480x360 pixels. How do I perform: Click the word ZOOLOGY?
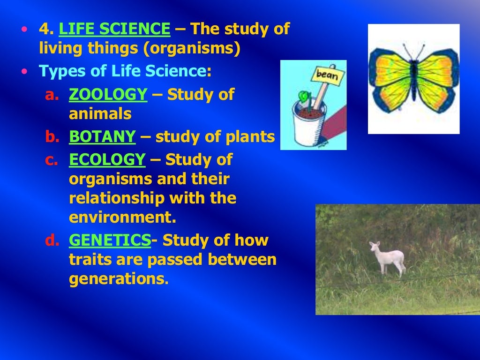[x=108, y=95]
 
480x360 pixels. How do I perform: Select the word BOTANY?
[x=102, y=137]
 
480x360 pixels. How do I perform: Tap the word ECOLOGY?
[x=107, y=160]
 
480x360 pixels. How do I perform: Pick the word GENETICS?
[x=110, y=240]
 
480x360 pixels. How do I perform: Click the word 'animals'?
[x=100, y=114]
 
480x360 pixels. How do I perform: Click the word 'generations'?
[x=117, y=279]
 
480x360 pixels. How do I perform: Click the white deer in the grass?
[x=388, y=258]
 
